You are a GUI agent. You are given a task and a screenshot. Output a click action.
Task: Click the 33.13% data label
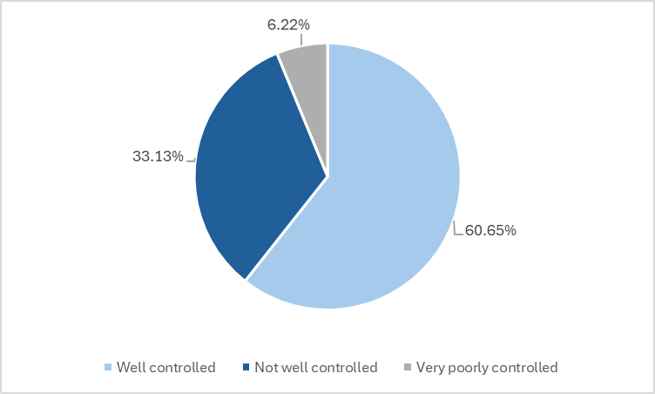click(158, 157)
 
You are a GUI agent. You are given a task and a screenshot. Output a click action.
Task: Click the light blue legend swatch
click(108, 368)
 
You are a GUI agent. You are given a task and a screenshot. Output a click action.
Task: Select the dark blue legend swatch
click(246, 368)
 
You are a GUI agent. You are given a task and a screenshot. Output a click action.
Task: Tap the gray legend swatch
click(408, 368)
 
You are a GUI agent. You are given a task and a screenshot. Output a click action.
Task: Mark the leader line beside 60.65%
click(456, 228)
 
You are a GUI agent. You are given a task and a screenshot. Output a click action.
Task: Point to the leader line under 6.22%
click(301, 39)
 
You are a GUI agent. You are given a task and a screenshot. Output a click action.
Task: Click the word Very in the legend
click(430, 368)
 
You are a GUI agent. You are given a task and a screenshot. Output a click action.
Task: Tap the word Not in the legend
click(266, 368)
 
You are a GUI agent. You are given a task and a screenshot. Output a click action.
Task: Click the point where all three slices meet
click(327, 177)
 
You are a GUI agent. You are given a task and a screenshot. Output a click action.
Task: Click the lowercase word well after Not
click(294, 368)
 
